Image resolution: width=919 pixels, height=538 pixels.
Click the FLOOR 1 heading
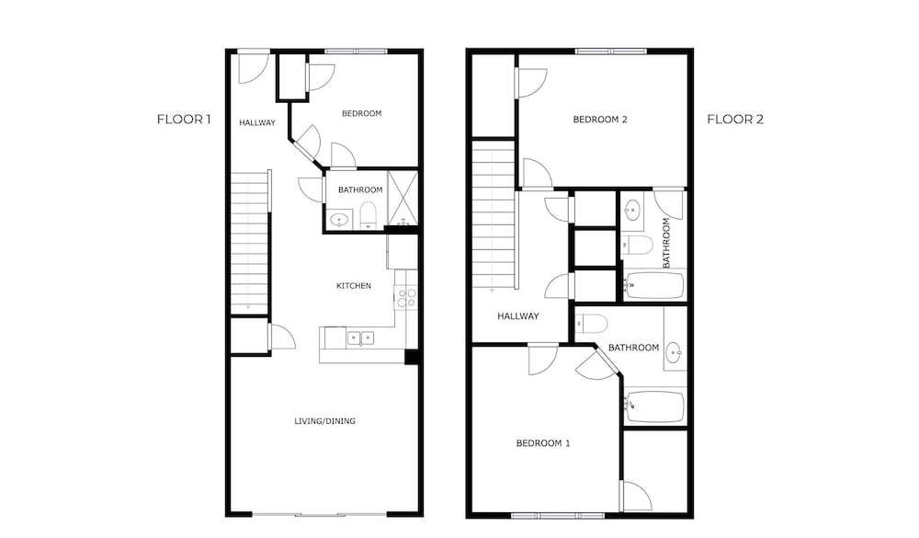click(x=184, y=120)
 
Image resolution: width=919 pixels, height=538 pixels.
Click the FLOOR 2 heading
click(x=735, y=120)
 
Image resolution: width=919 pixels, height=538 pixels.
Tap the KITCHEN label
click(x=354, y=286)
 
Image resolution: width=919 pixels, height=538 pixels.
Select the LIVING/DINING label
click(x=324, y=420)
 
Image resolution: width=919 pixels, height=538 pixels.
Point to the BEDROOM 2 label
click(x=600, y=120)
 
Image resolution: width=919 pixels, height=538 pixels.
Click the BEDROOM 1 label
click(x=543, y=443)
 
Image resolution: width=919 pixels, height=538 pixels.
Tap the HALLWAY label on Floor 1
click(x=257, y=122)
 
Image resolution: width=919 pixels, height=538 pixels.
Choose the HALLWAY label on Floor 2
click(x=518, y=316)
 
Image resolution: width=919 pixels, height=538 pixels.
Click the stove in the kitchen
click(x=405, y=297)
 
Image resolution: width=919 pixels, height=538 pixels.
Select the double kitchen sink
click(x=360, y=338)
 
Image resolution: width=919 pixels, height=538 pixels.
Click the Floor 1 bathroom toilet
click(x=368, y=214)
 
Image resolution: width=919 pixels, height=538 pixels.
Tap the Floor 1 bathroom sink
click(x=339, y=220)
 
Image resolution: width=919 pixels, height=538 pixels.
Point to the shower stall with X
click(x=403, y=198)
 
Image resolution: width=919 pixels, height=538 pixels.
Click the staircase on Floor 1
click(x=250, y=243)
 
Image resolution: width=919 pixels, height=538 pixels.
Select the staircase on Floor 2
click(x=494, y=214)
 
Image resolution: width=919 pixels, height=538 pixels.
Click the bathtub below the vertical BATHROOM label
click(x=654, y=286)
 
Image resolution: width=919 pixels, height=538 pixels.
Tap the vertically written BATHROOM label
click(x=666, y=243)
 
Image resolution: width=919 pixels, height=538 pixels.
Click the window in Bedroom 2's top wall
click(x=611, y=52)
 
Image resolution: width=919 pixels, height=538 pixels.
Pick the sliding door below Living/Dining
click(x=320, y=514)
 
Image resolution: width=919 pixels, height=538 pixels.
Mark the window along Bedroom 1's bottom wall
click(x=558, y=516)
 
